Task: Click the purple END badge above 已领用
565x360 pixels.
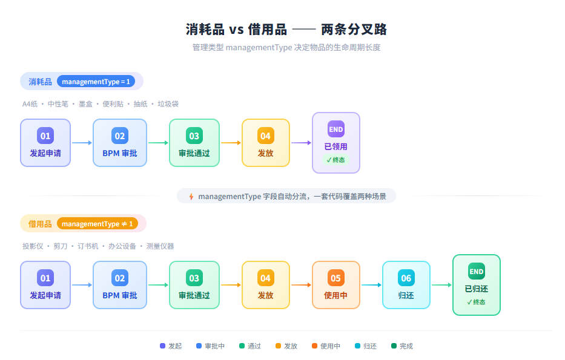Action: (x=335, y=129)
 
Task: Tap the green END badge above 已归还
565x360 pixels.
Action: (x=476, y=271)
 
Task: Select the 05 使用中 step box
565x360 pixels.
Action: (x=335, y=285)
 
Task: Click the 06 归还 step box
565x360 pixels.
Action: (x=406, y=285)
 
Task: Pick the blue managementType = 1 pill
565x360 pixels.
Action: (x=96, y=82)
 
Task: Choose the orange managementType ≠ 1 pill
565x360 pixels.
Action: (x=97, y=224)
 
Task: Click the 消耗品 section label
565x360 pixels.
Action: (x=40, y=82)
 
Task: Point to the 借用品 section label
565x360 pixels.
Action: (x=40, y=224)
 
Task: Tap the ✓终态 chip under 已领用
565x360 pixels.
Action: (x=335, y=160)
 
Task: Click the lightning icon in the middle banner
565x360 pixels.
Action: (x=191, y=196)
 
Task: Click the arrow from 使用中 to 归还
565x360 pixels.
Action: (x=371, y=285)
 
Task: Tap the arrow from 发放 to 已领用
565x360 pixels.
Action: (x=301, y=143)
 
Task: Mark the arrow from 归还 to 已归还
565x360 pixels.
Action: (x=441, y=285)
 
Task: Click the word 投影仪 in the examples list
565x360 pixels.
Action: (x=33, y=246)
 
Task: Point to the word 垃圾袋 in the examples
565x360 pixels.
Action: (x=168, y=104)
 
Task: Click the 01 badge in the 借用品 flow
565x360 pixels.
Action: (x=45, y=278)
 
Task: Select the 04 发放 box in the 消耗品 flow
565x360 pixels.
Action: (x=265, y=143)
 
